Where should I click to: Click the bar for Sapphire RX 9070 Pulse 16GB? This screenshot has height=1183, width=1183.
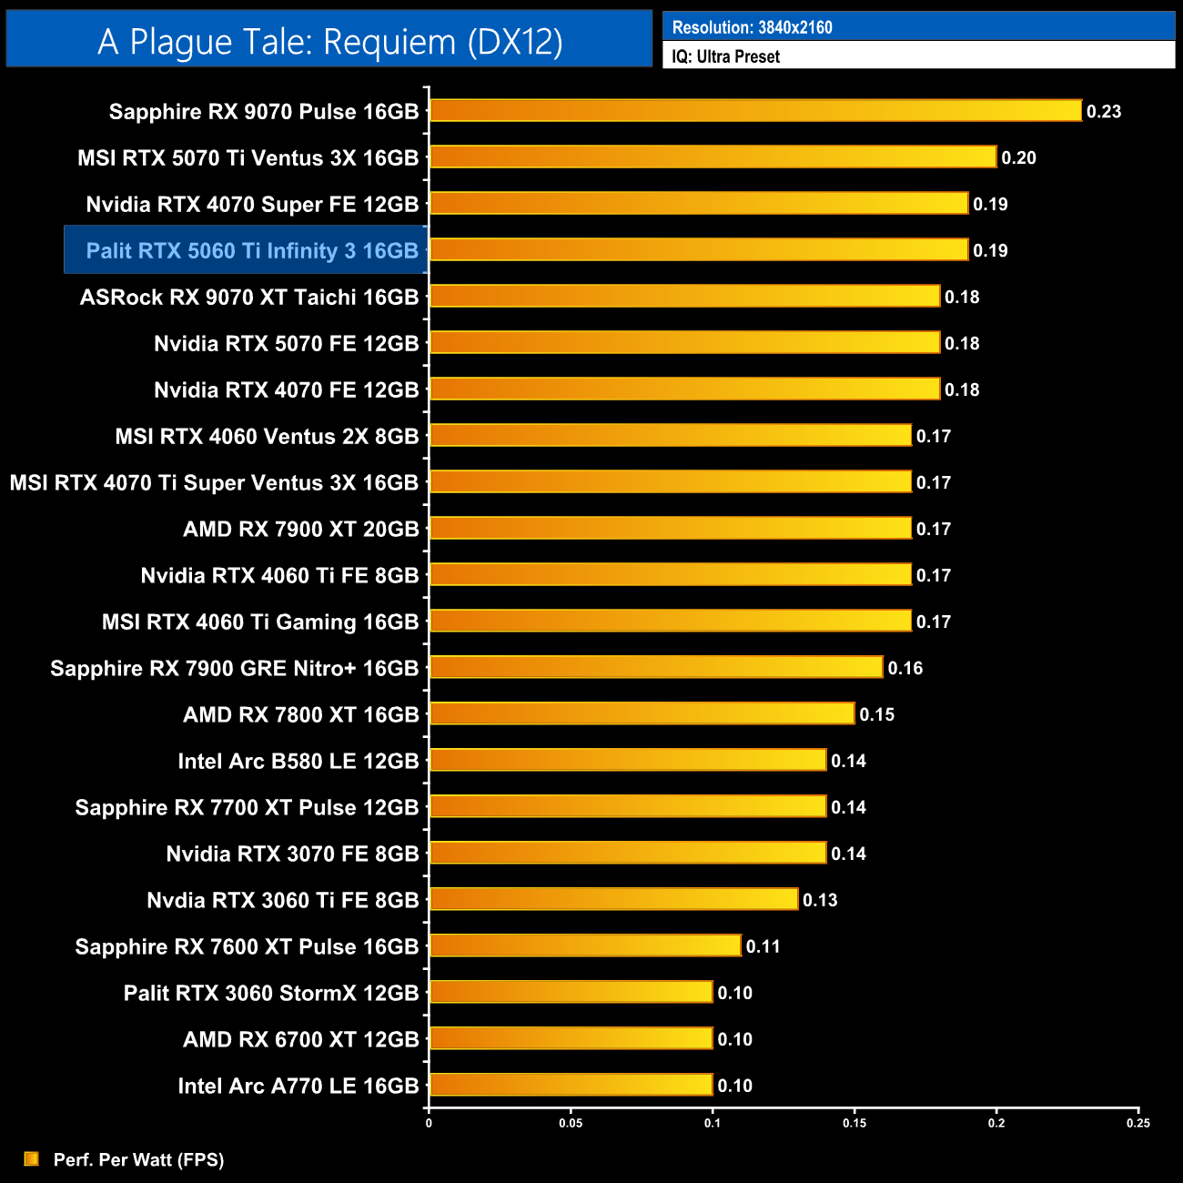[x=755, y=111]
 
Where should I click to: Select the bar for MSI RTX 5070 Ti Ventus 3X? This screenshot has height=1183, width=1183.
[x=713, y=157]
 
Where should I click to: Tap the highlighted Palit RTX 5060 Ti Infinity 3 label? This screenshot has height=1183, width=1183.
[x=251, y=250]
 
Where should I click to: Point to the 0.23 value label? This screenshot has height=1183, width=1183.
[x=1104, y=112]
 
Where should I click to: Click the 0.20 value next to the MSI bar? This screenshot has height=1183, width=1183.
[x=1018, y=158]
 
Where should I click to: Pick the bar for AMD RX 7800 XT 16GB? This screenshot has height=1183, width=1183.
[x=642, y=714]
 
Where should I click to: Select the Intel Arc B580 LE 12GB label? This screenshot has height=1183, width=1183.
[x=298, y=762]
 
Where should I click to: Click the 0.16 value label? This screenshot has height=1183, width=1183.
[x=905, y=669]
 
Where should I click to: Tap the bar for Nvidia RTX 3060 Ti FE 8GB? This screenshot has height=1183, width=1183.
[x=613, y=900]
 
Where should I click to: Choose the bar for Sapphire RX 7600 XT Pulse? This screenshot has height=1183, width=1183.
[x=585, y=946]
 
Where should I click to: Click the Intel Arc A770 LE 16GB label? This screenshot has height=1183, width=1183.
[x=298, y=1087]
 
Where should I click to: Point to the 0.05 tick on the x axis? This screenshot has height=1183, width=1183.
[x=571, y=1123]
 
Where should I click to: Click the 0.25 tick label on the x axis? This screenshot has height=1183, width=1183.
[x=1138, y=1123]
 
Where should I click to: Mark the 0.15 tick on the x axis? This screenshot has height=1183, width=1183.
[x=854, y=1123]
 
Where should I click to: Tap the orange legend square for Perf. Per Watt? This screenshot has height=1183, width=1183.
[x=32, y=1158]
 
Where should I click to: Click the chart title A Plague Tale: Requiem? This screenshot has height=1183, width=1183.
[x=329, y=42]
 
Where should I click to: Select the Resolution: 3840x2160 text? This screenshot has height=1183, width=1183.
[x=752, y=27]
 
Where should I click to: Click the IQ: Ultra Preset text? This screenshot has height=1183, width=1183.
[x=725, y=56]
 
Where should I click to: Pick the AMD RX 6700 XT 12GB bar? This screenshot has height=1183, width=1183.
[x=571, y=1039]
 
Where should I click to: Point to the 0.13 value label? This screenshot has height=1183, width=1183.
[x=819, y=901]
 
